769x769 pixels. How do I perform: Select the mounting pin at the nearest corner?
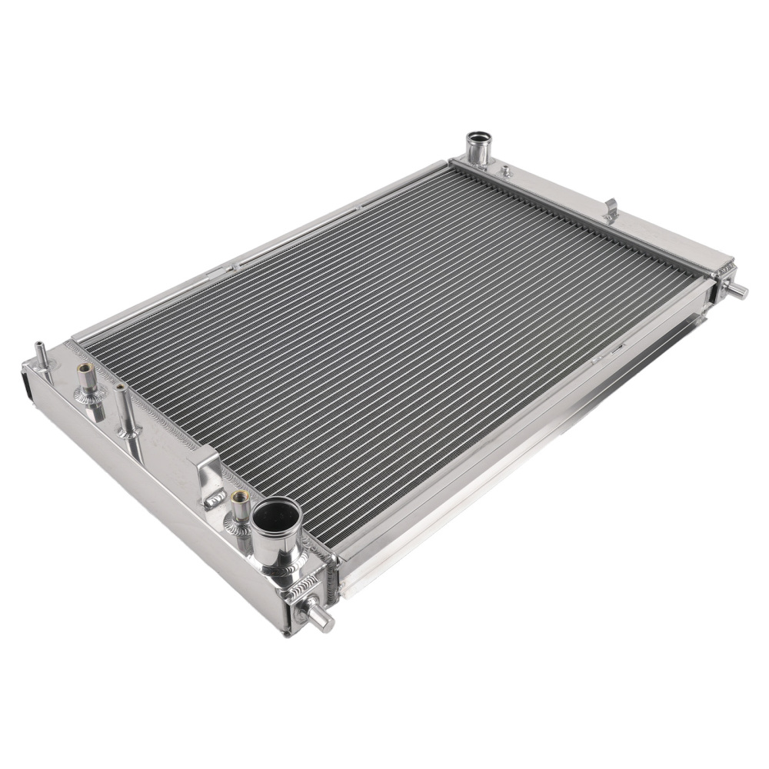[321, 618]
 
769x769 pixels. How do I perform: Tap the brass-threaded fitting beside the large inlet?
[240, 501]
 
